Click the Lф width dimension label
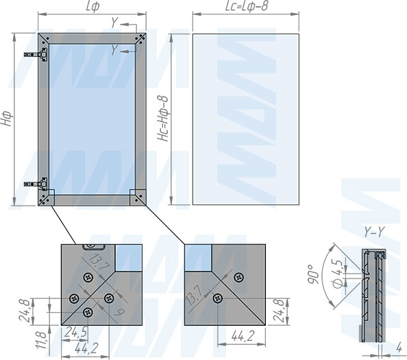[x=92, y=5]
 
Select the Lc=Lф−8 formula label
[x=247, y=5]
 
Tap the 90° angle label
[x=313, y=275]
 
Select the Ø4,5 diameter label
[x=338, y=273]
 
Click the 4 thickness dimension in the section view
[x=399, y=348]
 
